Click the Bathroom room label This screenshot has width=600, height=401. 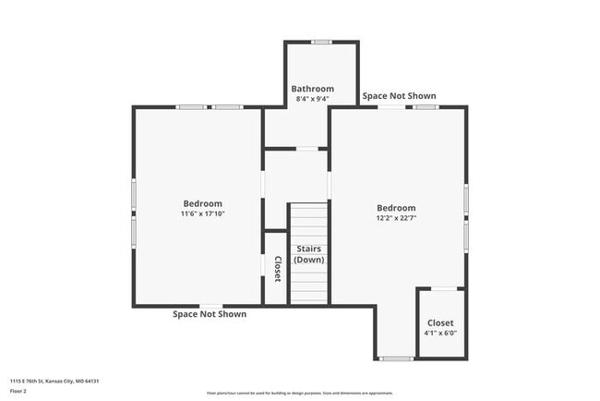pyautogui.click(x=312, y=89)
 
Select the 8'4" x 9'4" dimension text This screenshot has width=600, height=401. pyautogui.click(x=312, y=99)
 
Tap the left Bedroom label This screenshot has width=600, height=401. pyautogui.click(x=202, y=203)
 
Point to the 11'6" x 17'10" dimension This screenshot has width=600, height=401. pyautogui.click(x=202, y=213)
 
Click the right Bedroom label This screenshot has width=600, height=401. pyautogui.click(x=396, y=208)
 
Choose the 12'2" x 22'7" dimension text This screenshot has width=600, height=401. pyautogui.click(x=396, y=218)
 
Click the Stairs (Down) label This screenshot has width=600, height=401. pyautogui.click(x=309, y=255)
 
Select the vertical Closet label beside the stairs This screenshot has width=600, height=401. pyautogui.click(x=276, y=268)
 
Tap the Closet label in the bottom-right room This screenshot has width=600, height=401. pyautogui.click(x=440, y=323)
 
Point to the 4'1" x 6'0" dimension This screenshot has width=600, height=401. pyautogui.click(x=440, y=334)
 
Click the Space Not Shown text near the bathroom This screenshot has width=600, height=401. pyautogui.click(x=399, y=96)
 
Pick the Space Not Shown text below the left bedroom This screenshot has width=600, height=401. pyautogui.click(x=210, y=314)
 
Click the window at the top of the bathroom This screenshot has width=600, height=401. pyautogui.click(x=320, y=42)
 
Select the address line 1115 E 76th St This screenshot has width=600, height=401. pyautogui.click(x=54, y=381)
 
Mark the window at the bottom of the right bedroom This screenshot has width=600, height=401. pyautogui.click(x=396, y=358)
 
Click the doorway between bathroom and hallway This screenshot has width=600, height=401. pyautogui.click(x=307, y=148)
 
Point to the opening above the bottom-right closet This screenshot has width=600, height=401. pyautogui.click(x=440, y=289)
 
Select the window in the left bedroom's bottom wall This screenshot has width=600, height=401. pyautogui.click(x=211, y=306)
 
